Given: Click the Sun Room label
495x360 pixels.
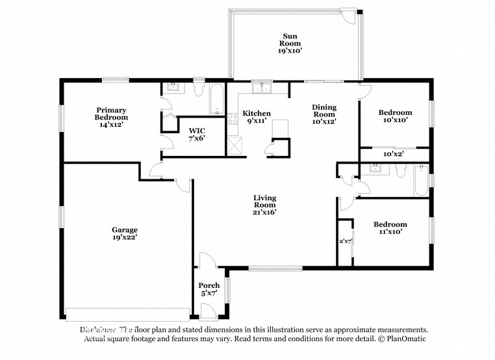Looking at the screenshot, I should [290, 42].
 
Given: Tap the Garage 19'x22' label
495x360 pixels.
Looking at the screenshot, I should [125, 233].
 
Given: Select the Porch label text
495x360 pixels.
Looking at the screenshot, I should [209, 289].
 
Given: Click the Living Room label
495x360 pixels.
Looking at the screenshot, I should [265, 204].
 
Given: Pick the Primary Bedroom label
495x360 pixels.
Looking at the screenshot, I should [111, 114].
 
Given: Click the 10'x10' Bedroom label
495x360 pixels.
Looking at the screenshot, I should [395, 116].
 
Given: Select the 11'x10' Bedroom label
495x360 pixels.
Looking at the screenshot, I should [390, 228].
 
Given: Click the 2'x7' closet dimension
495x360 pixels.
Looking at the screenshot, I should [345, 241].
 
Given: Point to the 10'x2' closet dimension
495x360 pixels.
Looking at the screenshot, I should [394, 154].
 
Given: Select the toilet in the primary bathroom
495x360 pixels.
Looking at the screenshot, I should [199, 88].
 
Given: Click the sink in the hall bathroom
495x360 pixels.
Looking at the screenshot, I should [375, 169].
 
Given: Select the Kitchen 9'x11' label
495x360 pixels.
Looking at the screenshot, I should [257, 116].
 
